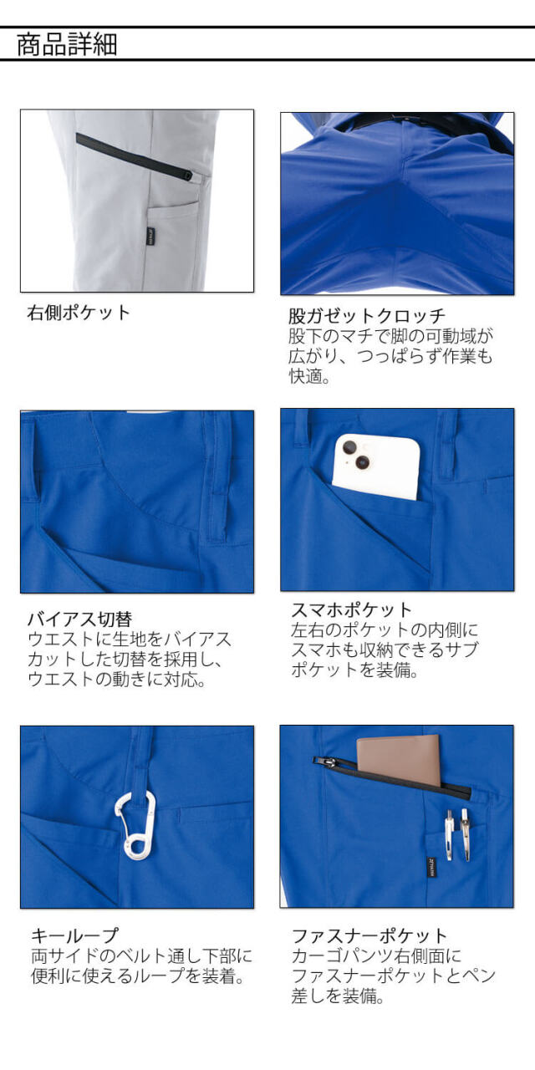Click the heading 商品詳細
[x=67, y=44]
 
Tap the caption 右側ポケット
[x=79, y=313]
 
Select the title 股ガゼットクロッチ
[x=367, y=316]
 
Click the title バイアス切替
[x=79, y=619]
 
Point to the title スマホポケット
[x=352, y=610]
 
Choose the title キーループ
[x=74, y=935]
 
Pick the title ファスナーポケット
[x=369, y=935]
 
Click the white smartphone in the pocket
[x=376, y=466]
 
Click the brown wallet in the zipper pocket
[x=399, y=762]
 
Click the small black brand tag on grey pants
[x=150, y=236]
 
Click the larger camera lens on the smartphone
[x=363, y=461]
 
